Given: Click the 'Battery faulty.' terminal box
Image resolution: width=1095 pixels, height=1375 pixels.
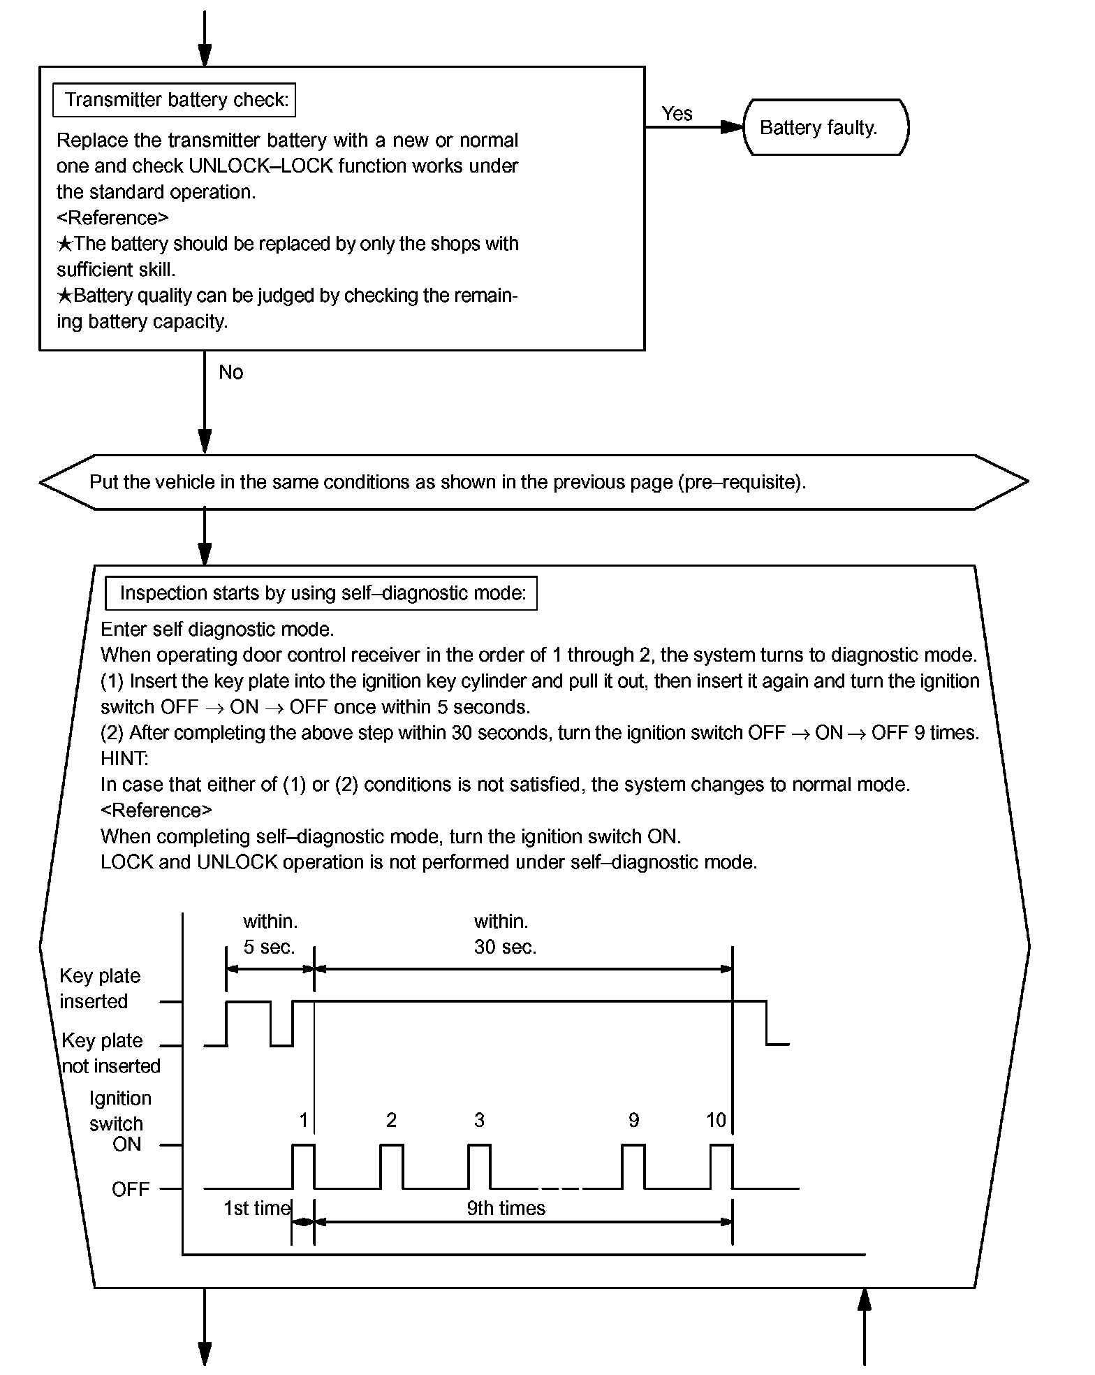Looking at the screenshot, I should click(825, 128).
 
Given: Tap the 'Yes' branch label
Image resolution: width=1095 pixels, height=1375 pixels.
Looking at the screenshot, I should click(677, 114).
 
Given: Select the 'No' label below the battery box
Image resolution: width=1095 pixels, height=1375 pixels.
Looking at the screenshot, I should click(230, 372).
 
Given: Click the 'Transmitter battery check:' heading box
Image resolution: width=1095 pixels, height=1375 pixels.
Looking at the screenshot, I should click(175, 100).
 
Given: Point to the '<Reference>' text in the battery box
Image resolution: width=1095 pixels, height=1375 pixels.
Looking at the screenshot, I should click(112, 218).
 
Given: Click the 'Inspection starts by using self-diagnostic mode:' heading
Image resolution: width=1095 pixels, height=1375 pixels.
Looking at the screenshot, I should click(321, 594).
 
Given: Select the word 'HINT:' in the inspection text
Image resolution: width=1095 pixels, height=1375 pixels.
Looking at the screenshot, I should click(124, 759).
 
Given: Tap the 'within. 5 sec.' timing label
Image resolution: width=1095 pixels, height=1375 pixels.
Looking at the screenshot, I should click(270, 934).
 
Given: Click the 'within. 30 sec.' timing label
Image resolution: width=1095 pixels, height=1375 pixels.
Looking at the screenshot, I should click(505, 934).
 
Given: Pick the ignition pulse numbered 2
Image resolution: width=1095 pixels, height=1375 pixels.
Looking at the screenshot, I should click(391, 1166).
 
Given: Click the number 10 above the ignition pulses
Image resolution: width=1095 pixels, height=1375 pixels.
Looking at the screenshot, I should click(716, 1121).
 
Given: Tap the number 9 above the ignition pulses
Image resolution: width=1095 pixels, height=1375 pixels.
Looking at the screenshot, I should click(633, 1121).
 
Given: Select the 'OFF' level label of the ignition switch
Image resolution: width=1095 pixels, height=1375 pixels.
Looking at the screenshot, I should click(131, 1190).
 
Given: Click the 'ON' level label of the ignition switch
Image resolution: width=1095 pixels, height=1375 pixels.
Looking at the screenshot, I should click(126, 1144).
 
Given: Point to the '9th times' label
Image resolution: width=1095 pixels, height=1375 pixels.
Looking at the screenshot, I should click(506, 1209).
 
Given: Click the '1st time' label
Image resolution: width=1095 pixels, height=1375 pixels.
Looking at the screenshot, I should click(256, 1209).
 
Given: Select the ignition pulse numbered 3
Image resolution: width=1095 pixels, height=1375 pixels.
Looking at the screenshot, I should click(479, 1166).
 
